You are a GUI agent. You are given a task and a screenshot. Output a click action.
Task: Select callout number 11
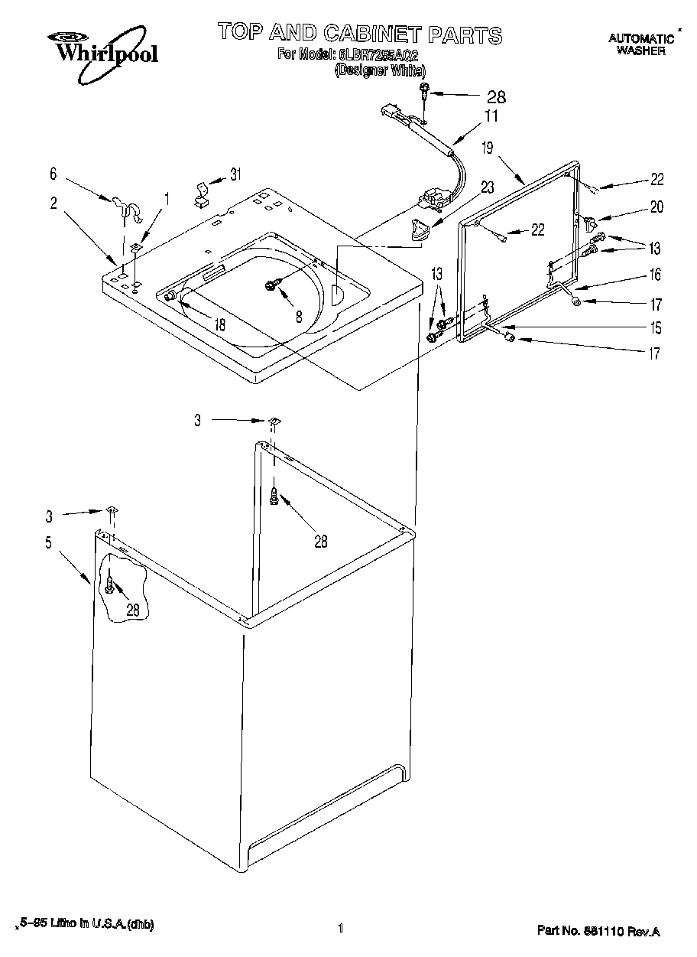[x=490, y=116]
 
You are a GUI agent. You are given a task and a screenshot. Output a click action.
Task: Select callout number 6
[x=53, y=174]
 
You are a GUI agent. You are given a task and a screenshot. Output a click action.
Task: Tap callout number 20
[x=656, y=207]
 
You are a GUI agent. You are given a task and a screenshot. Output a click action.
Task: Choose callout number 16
[x=655, y=275]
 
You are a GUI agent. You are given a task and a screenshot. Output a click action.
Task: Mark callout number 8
[x=299, y=314]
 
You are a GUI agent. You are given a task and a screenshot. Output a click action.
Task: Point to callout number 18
[x=219, y=324]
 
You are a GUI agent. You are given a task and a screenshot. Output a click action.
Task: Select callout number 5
[x=48, y=542]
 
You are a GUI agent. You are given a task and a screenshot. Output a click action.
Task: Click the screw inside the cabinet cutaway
[x=112, y=588]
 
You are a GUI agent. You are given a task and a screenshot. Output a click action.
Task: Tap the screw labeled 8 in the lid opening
[x=271, y=285]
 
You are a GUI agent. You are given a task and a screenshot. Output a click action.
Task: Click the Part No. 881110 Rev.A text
[x=598, y=931]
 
